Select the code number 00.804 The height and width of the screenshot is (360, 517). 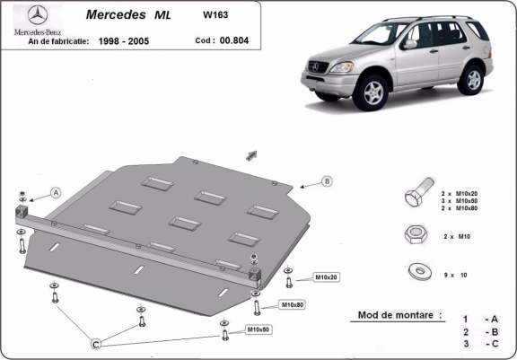(x=235, y=40)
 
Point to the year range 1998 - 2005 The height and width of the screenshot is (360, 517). (x=126, y=40)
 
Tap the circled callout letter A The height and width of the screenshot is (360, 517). (x=56, y=192)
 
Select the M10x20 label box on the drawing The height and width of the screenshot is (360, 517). (x=325, y=277)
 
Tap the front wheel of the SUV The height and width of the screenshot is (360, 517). (x=373, y=92)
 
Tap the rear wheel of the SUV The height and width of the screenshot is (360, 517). (x=470, y=80)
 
